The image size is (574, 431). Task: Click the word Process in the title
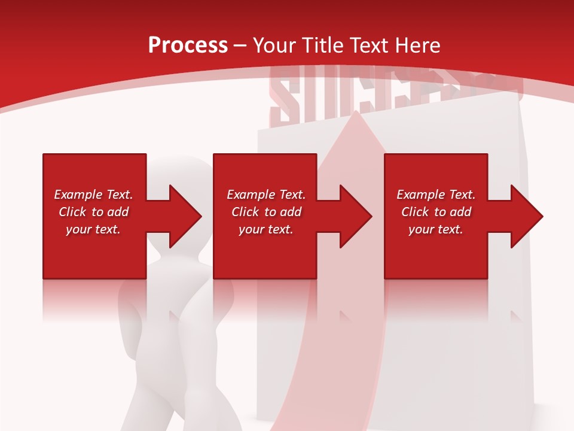click(188, 45)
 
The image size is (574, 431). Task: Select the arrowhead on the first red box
click(183, 216)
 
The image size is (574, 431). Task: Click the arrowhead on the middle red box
click(353, 216)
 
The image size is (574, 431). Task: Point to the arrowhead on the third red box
click(524, 216)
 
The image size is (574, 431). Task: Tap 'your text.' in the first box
click(93, 229)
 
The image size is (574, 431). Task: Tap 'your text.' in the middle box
click(266, 229)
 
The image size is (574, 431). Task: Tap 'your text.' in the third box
click(436, 229)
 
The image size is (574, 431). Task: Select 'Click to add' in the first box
click(93, 212)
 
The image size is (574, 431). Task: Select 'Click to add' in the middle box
click(266, 212)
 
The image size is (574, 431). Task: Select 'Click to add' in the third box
click(436, 212)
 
